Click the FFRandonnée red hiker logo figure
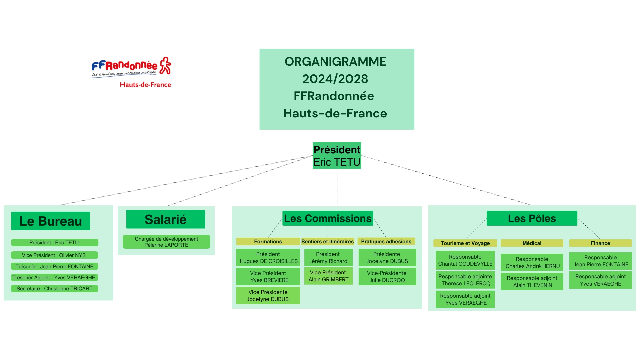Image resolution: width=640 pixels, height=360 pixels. click(165, 65)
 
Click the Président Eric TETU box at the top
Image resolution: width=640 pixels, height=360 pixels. click(337, 156)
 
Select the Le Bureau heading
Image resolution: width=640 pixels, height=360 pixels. click(51, 221)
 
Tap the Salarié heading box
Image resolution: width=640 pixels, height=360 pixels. click(166, 219)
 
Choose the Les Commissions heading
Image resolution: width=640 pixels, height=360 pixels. click(328, 218)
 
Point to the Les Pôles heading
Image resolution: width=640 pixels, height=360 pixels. click(532, 218)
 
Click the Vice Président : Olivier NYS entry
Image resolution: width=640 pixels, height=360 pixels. click(54, 255)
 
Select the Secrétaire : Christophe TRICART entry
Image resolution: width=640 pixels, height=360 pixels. click(54, 289)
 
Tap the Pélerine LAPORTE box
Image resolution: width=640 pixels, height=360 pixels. click(166, 242)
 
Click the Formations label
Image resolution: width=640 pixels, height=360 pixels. click(268, 241)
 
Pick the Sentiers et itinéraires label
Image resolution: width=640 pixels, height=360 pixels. click(327, 241)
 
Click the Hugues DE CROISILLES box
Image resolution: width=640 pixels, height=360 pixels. click(268, 258)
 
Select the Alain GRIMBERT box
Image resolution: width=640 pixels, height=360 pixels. click(328, 276)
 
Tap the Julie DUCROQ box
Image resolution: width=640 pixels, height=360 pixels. click(387, 277)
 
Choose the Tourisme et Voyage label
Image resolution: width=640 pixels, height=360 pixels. click(465, 243)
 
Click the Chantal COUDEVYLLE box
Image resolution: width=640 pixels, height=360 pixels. click(465, 260)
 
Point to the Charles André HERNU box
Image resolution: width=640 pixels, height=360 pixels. click(532, 263)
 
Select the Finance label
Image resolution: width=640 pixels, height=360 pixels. click(600, 243)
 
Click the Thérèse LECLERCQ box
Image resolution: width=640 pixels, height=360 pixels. click(465, 280)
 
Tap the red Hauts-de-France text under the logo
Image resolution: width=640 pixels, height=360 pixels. click(145, 85)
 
